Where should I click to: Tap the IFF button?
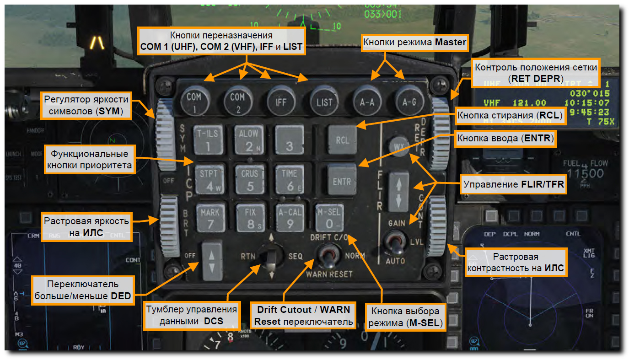click(281, 101)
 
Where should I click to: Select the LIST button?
click(324, 101)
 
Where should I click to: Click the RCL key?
click(343, 140)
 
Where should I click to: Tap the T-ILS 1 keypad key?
click(207, 140)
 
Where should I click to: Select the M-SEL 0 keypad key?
click(329, 218)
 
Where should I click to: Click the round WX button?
click(398, 146)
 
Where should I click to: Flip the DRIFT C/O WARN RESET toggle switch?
click(328, 256)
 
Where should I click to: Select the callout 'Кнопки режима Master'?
click(414, 43)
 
